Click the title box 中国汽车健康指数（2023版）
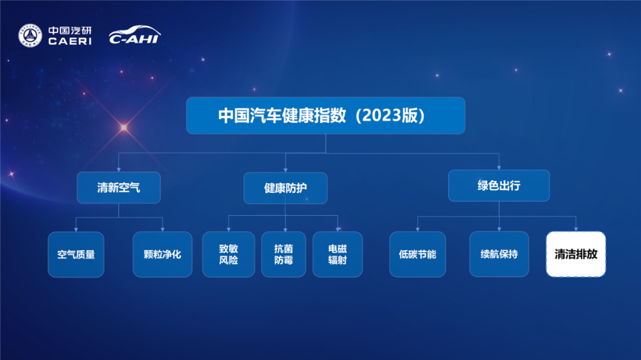click(x=325, y=116)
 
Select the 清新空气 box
click(x=119, y=188)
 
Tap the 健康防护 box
click(x=285, y=188)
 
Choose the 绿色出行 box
click(x=499, y=186)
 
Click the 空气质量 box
click(x=76, y=254)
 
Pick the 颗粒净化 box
click(x=163, y=254)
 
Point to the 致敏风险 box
click(x=229, y=254)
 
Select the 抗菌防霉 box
click(x=284, y=254)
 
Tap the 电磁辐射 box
click(x=338, y=254)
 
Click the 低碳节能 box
click(x=417, y=254)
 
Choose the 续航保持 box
click(x=499, y=254)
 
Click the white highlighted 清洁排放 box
click(x=576, y=254)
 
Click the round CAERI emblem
click(x=30, y=36)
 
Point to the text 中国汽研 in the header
click(x=70, y=30)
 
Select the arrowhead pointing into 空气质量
click(x=76, y=229)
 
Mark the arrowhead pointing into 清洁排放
click(x=576, y=229)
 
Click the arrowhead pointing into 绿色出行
click(x=499, y=167)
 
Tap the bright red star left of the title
click(x=123, y=127)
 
